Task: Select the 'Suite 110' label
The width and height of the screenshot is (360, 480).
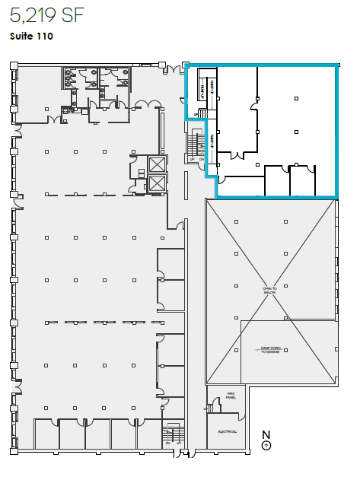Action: coord(31,36)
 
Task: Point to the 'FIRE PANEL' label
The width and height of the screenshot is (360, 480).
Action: coord(231,396)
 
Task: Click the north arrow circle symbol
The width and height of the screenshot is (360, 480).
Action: coord(266,446)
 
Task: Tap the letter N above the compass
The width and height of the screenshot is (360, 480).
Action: coord(266,435)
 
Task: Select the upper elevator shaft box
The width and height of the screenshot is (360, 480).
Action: coord(157,164)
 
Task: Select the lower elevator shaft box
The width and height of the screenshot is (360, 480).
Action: coord(157,183)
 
